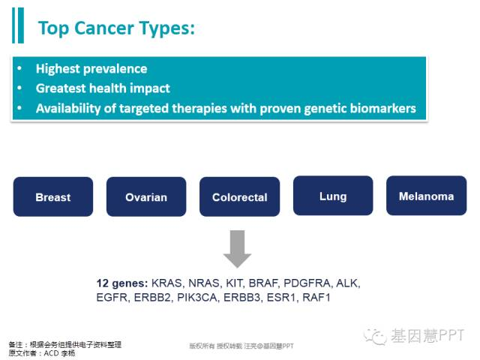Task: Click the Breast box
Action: pos(53,196)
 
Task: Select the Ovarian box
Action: pos(146,196)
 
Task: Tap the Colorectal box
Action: pos(240,196)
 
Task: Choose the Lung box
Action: pos(333,196)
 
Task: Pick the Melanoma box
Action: pos(427,196)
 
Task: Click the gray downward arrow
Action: pos(237,249)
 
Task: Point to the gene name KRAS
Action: pos(166,283)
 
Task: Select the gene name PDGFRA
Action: pos(307,283)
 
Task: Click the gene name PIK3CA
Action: pos(196,298)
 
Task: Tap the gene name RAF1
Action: pos(316,298)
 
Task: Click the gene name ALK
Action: pos(346,283)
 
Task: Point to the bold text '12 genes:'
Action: pos(122,283)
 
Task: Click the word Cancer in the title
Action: pos(104,28)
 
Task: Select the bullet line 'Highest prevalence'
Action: pos(91,69)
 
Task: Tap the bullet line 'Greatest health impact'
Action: pos(103,88)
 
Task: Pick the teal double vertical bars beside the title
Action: pos(18,25)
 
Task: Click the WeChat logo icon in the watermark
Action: pos(375,337)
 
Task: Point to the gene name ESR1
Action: pos(281,298)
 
